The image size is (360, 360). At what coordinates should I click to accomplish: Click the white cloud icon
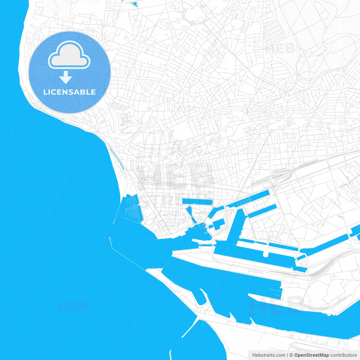coord(69,56)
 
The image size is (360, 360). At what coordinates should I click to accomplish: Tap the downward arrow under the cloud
coord(66,77)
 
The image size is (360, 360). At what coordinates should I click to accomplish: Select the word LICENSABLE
coord(69,92)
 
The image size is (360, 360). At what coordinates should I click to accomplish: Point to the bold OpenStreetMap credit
coord(311,355)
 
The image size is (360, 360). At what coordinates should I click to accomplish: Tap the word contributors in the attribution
coord(343,355)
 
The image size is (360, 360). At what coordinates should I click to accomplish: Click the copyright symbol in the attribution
coord(291,355)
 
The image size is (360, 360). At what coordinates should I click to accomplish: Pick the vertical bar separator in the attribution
coord(287,355)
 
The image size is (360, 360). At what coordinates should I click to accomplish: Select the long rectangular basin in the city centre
coord(197,201)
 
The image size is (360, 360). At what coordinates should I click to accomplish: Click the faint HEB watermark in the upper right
coord(280,48)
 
